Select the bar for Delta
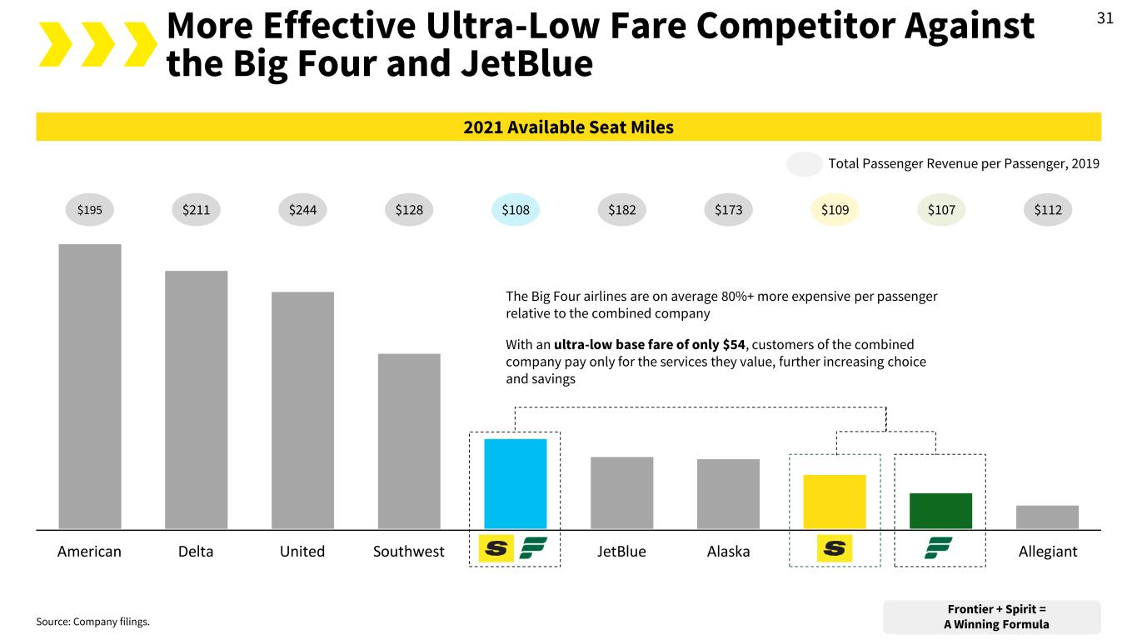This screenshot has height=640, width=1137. (197, 399)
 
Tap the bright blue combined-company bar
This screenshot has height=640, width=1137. (516, 483)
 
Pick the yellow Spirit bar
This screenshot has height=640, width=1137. (835, 502)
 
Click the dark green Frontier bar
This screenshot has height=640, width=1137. (940, 511)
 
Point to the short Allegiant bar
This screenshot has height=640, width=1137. (1047, 517)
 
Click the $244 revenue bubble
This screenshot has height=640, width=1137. (302, 210)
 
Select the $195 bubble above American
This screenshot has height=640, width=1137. (90, 210)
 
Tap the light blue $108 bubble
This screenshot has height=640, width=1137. (516, 210)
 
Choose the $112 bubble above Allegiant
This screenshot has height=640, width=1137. (1047, 210)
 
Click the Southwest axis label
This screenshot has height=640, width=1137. (408, 552)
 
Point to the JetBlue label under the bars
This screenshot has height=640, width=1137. (621, 552)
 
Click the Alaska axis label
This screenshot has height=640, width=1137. (728, 552)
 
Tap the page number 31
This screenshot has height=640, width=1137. (1105, 18)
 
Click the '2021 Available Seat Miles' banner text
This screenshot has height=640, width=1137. (568, 127)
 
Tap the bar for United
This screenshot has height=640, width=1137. (302, 410)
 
